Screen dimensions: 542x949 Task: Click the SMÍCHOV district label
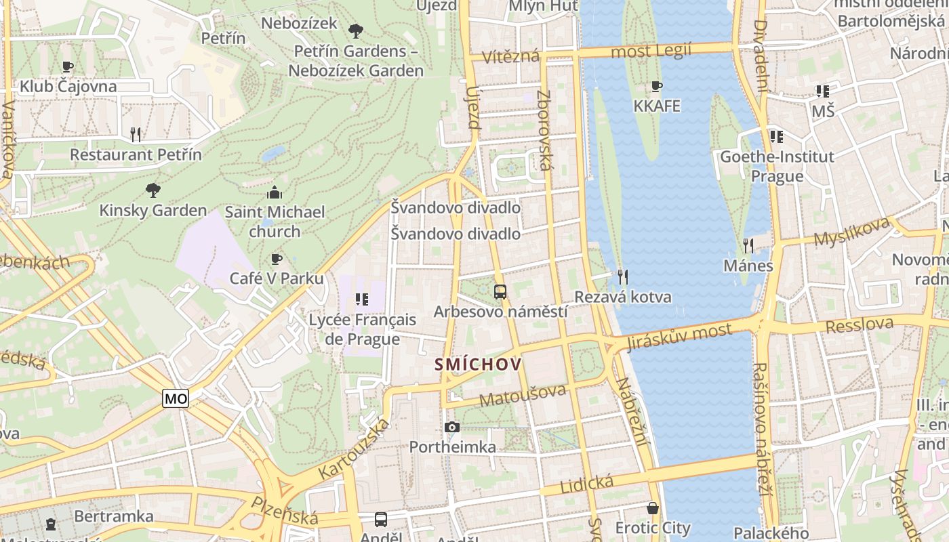click(478, 365)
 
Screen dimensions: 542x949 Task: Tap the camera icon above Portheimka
click(452, 427)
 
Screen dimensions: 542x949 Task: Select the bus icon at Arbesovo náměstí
click(500, 292)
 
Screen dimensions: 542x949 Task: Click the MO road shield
click(176, 399)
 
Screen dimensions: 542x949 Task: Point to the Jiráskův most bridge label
click(679, 336)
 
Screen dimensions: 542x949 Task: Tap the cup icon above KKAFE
click(656, 86)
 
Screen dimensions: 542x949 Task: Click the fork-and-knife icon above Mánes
click(748, 245)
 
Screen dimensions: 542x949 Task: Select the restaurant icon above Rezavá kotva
click(623, 276)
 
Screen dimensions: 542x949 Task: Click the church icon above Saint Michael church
click(275, 192)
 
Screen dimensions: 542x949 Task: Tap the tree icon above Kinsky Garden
click(153, 190)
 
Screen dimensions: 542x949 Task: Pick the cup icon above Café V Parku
click(276, 259)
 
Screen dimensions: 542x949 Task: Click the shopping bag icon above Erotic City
click(653, 507)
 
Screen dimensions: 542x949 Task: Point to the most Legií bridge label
click(651, 51)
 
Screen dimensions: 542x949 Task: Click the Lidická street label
click(587, 484)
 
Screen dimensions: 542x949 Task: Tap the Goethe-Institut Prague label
click(777, 167)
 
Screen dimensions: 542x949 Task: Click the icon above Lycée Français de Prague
click(361, 299)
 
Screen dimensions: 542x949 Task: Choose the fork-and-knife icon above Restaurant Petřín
click(136, 134)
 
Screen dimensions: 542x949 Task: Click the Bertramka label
click(114, 516)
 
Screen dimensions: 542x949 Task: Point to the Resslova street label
click(860, 325)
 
